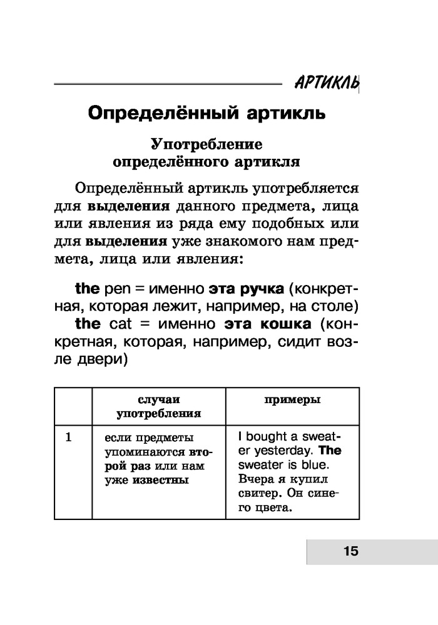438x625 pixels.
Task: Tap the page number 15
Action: pos(350,551)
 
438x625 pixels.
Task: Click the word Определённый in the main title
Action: pos(158,114)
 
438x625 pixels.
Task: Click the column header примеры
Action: pos(292,400)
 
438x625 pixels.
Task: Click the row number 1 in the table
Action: pos(69,437)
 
